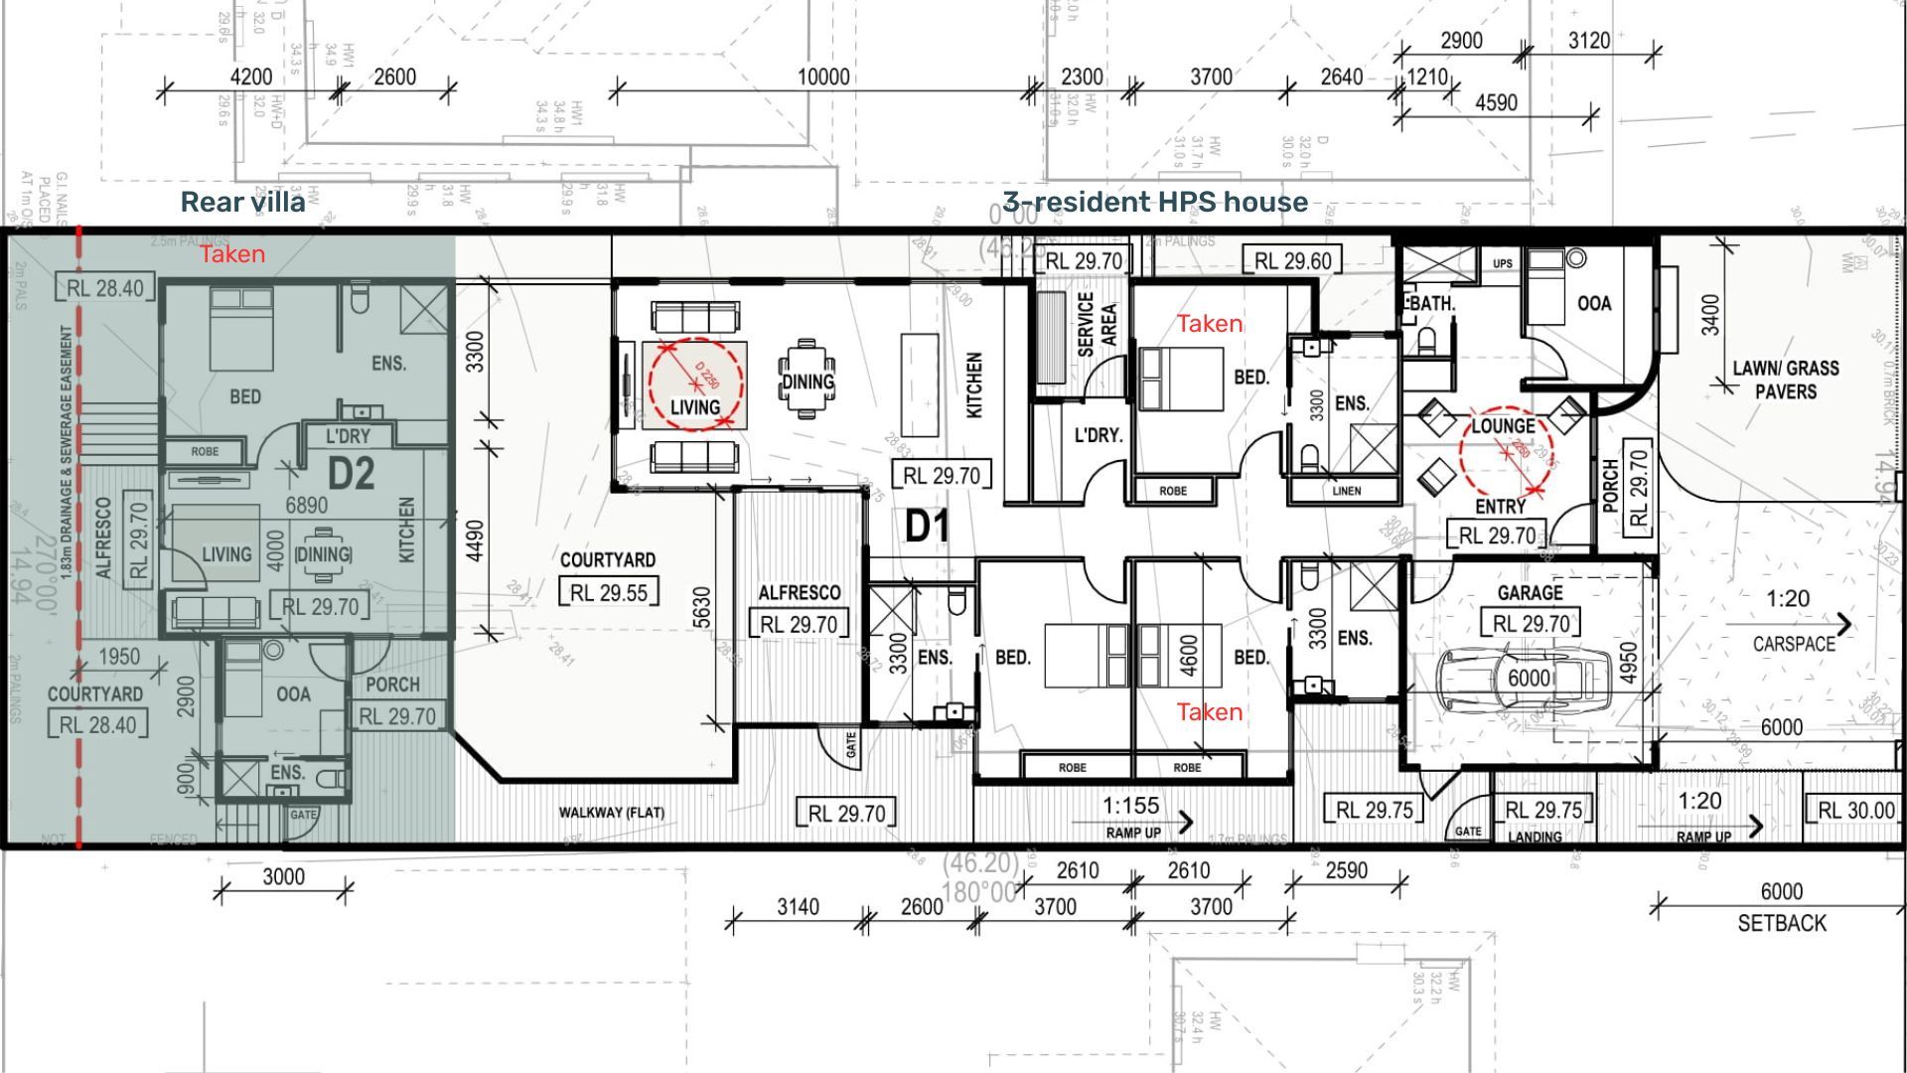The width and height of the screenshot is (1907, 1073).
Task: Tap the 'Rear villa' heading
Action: [242, 203]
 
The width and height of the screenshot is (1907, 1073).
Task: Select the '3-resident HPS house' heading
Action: [1155, 203]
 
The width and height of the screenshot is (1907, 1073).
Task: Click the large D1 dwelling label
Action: [927, 527]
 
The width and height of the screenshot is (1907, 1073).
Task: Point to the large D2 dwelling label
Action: [351, 474]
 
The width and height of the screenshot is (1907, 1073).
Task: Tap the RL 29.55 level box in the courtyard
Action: [608, 593]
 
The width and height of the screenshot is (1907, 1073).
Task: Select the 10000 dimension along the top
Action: [823, 77]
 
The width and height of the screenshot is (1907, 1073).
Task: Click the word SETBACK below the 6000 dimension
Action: [1782, 923]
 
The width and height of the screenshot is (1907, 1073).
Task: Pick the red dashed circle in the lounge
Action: [1506, 452]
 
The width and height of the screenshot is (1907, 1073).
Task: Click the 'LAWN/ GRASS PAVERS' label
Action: [1786, 380]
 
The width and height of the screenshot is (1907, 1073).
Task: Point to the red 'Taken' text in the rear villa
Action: [232, 254]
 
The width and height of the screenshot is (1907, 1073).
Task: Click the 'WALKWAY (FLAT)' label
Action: [611, 813]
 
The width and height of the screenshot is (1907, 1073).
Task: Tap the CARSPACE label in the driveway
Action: [1794, 644]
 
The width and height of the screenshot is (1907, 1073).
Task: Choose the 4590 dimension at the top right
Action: [1496, 103]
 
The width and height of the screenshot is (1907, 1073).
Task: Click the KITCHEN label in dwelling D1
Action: [974, 384]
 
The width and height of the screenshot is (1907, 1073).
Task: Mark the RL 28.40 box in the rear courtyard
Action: [97, 725]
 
